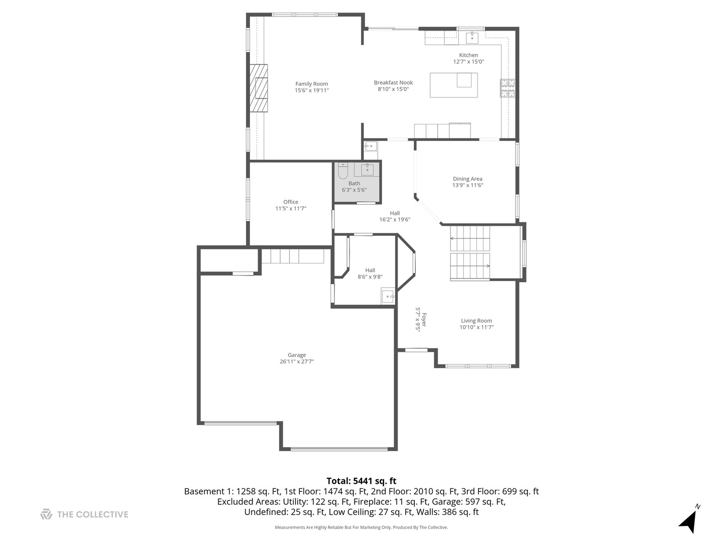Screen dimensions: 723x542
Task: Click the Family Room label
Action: point(311,84)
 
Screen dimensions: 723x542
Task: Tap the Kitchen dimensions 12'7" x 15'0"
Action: point(468,62)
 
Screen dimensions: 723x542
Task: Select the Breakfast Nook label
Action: point(393,83)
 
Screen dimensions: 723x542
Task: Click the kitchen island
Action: point(453,85)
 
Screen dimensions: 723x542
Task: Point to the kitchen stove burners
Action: point(507,88)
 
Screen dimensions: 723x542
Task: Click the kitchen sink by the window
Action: point(472,38)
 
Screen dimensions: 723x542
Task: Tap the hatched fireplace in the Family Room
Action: point(258,88)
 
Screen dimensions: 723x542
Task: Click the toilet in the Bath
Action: point(343,170)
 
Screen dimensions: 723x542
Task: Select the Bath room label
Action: point(354,183)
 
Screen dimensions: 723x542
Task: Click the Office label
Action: point(291,202)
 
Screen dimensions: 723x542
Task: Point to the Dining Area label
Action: point(467,179)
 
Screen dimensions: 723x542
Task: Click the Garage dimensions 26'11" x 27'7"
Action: point(296,361)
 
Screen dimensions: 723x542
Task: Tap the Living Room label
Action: point(476,321)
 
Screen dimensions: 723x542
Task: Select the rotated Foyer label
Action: point(424,320)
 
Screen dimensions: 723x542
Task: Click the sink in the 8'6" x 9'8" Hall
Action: point(388,296)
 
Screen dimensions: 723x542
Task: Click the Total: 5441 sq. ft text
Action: point(361,481)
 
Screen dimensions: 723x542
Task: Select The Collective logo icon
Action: point(46,514)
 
